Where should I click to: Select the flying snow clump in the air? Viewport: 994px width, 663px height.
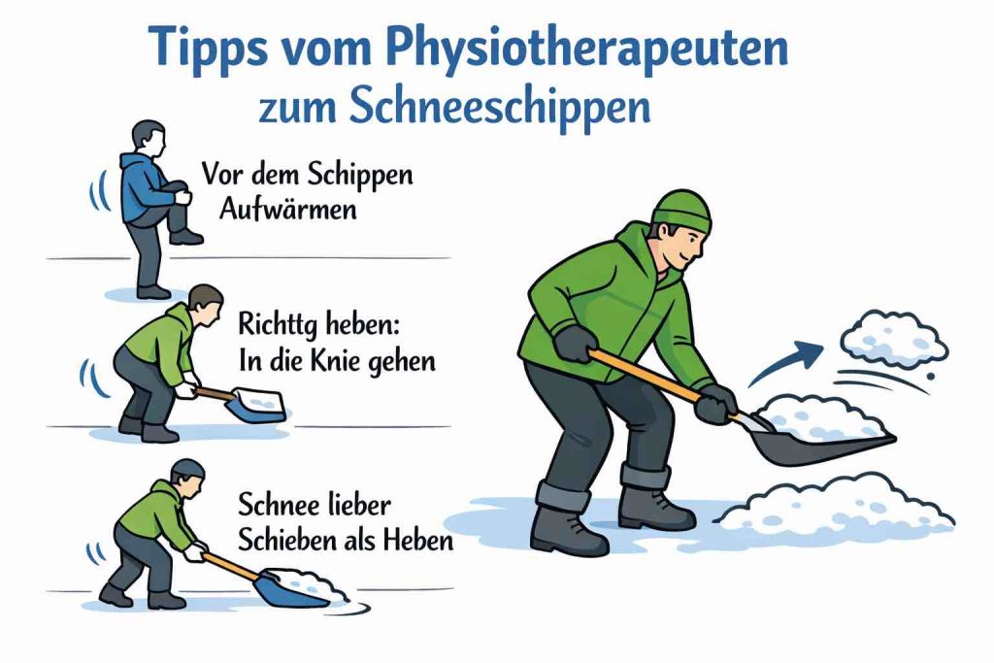tap(893, 335)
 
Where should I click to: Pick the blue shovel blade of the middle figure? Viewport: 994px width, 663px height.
tap(256, 405)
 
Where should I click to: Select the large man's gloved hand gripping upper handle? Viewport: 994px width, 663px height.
tap(575, 343)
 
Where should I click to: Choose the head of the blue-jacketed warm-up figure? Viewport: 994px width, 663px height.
tap(149, 138)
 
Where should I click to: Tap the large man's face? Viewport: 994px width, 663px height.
tap(688, 243)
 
